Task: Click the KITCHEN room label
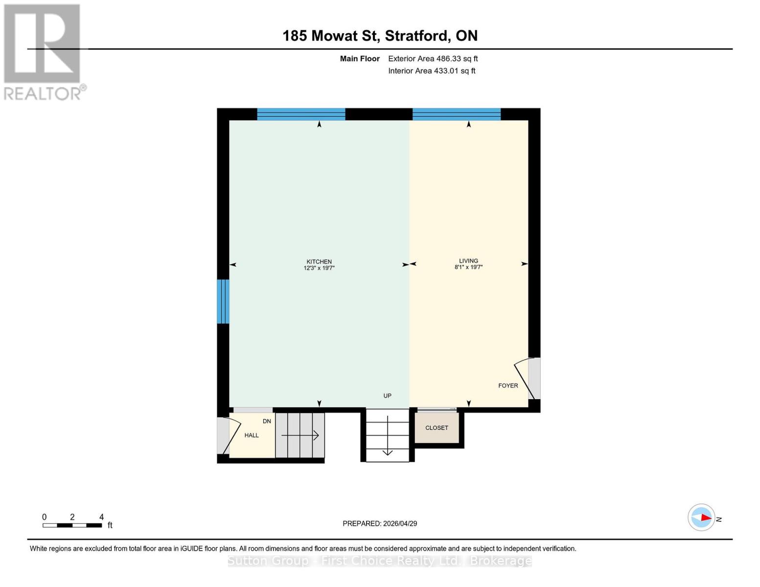[x=319, y=262]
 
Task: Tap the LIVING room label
[x=468, y=261]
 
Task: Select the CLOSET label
[x=437, y=428]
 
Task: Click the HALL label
[x=252, y=435]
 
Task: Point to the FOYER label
[x=508, y=385]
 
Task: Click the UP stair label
[x=387, y=396]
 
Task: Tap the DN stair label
[x=267, y=421]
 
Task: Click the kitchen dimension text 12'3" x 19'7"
[x=319, y=268]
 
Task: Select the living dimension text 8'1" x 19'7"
[x=468, y=267]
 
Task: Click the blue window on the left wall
[x=223, y=301]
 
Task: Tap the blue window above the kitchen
[x=301, y=114]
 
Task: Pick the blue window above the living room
[x=456, y=114]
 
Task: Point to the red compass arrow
[x=705, y=518]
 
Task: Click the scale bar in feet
[x=72, y=525]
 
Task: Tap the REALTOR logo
[x=43, y=51]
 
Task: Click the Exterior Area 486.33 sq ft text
[x=433, y=59]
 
